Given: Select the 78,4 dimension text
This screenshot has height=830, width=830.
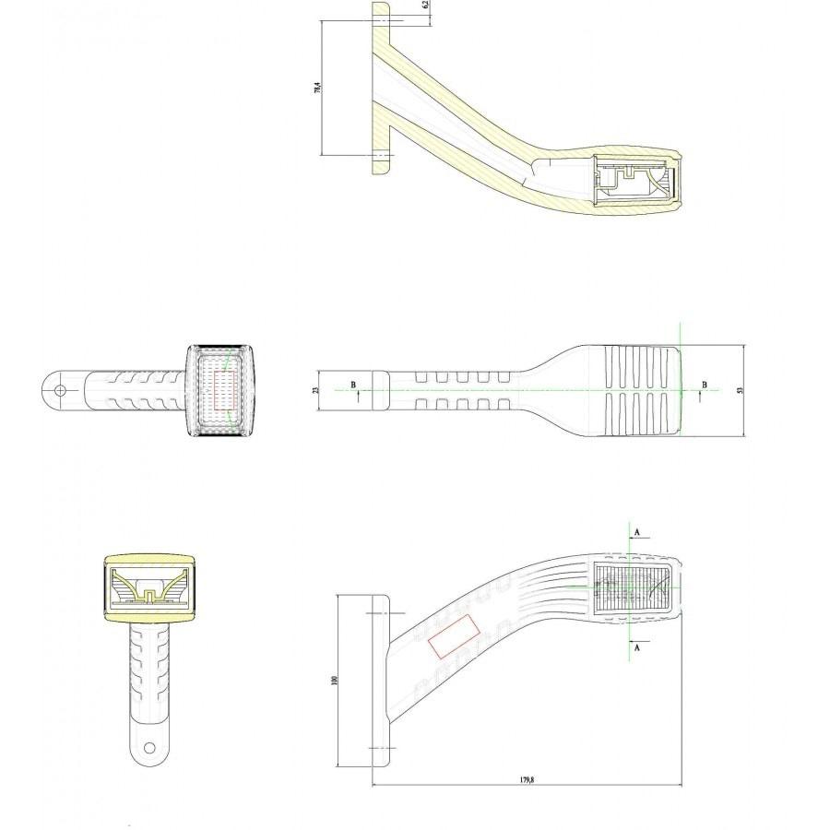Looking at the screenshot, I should [317, 89].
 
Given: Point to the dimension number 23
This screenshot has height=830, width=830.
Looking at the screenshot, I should [317, 390].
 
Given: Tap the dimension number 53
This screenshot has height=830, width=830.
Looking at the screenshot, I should [739, 390].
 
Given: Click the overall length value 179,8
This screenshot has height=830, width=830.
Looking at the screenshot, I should [527, 779].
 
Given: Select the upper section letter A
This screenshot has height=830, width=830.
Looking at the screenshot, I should [635, 532].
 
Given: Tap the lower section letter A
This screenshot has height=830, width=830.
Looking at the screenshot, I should [635, 647].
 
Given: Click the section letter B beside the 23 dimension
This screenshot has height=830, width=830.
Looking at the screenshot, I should [351, 384].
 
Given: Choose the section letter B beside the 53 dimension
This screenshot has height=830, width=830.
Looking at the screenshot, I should [705, 384].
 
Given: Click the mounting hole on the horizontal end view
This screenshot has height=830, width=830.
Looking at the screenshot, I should [60, 390].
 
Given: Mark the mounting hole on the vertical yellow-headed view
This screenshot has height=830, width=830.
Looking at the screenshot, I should [149, 744].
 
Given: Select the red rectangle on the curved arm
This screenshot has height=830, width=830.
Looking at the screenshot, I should [455, 636].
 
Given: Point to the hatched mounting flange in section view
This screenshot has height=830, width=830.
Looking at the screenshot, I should [380, 89].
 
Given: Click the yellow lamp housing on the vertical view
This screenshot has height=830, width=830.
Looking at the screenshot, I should [149, 590].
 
